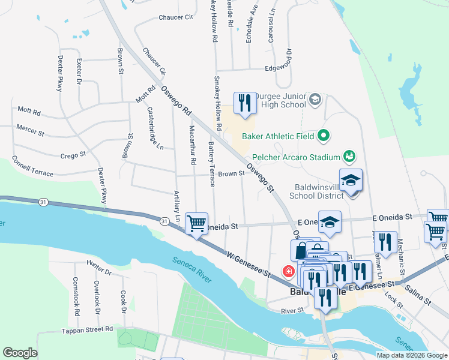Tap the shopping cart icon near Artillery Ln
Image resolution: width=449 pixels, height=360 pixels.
click(196, 224)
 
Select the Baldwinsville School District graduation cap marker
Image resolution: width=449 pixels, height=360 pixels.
click(351, 179)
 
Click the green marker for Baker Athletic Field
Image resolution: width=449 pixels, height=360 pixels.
click(324, 136)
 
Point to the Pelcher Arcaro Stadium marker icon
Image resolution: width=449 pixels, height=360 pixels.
click(349, 157)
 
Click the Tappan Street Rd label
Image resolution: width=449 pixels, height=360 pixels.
click(87, 329)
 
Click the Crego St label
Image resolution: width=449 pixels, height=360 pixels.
click(73, 155)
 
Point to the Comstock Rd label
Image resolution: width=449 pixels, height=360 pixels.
click(76, 296)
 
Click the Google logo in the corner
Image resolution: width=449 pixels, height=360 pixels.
click(20, 353)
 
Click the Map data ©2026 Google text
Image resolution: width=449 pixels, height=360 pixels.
click(411, 355)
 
